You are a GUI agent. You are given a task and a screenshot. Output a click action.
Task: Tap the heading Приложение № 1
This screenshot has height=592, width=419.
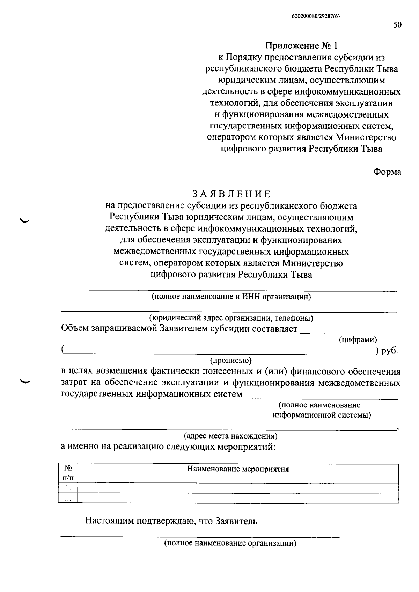(302, 46)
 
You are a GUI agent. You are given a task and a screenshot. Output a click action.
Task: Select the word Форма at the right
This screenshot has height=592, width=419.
(387, 172)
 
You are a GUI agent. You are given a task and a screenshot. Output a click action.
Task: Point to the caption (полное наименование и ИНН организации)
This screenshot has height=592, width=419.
(231, 297)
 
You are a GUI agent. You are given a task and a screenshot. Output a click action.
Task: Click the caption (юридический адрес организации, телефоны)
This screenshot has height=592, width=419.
(231, 318)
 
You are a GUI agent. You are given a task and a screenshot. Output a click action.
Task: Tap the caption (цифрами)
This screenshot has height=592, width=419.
(358, 339)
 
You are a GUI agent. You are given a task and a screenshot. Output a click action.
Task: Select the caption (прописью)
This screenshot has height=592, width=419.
(230, 360)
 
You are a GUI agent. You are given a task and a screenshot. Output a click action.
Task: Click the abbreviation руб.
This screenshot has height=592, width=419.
(390, 351)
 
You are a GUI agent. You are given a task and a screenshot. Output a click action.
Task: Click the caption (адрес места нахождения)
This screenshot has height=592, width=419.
(230, 436)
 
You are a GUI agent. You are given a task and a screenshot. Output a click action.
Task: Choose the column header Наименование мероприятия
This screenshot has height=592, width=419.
(238, 469)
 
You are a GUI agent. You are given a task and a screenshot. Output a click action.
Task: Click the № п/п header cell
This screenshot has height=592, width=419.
(68, 473)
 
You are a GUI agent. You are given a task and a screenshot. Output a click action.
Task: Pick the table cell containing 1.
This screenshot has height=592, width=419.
(68, 488)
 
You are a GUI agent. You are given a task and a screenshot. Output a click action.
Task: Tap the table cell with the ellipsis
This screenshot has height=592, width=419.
(68, 499)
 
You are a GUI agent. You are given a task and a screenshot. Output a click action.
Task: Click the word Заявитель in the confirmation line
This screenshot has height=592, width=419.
(236, 521)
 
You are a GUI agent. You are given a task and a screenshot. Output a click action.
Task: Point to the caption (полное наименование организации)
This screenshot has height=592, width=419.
(230, 543)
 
